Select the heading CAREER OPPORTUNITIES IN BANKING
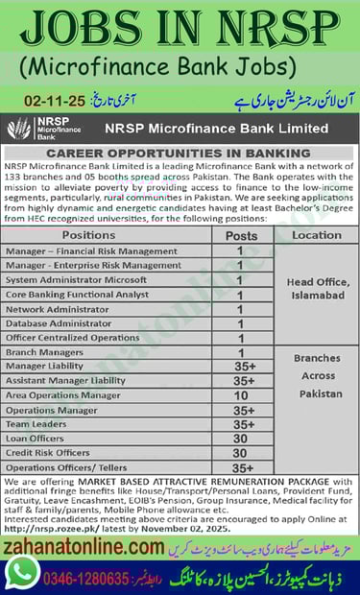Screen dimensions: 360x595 tap(180, 153)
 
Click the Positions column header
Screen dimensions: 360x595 tap(87, 235)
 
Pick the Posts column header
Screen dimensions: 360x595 tap(240, 235)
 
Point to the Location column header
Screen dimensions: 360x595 tap(316, 235)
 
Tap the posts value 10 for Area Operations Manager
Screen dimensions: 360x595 tap(240, 394)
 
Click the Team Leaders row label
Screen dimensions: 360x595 tap(36, 423)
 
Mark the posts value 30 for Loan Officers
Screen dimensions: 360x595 tap(240, 438)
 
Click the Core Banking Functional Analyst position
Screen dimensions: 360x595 tap(78, 295)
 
